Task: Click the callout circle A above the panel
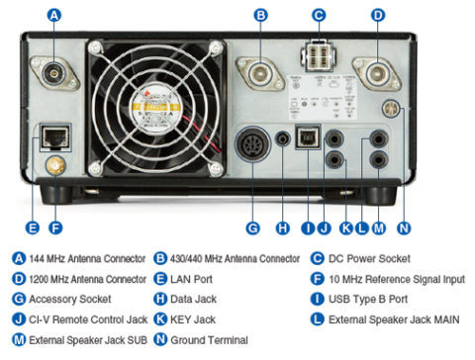pos(54,15)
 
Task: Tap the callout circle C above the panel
pos(319,15)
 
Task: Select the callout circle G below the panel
pos(252,227)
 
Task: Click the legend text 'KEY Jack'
pos(192,318)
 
